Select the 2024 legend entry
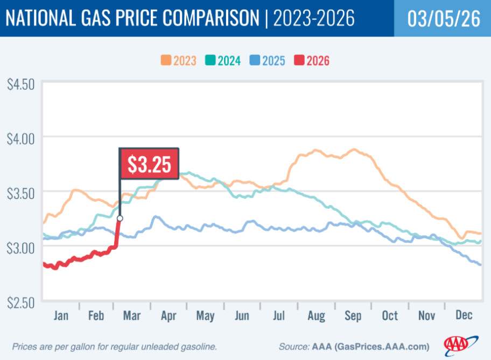point(222,60)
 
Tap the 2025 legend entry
point(267,60)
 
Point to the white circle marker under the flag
point(120,218)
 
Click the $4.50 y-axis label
point(20,85)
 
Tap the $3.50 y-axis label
point(20,192)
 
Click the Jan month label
point(61,315)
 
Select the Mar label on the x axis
point(131,315)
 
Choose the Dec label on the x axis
point(463,315)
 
